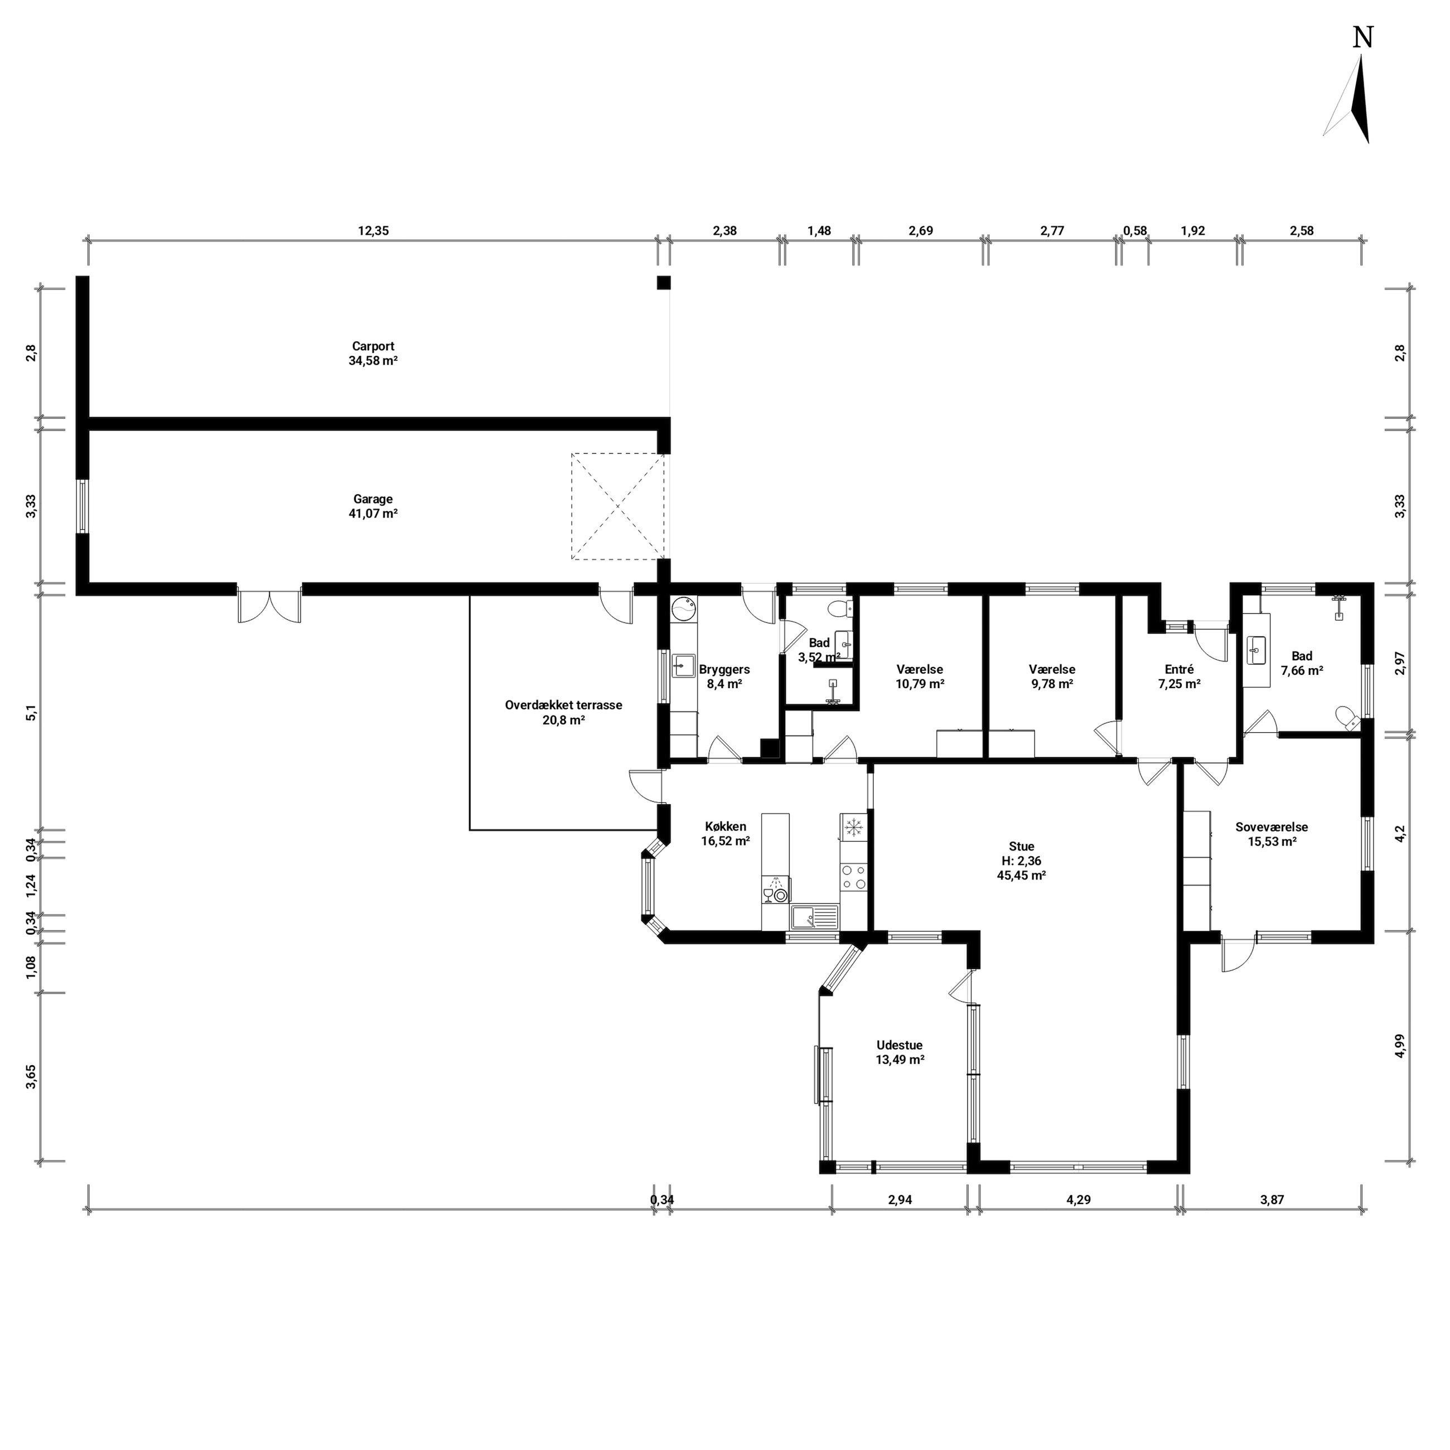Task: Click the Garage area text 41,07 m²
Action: (373, 514)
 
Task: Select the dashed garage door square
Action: (618, 506)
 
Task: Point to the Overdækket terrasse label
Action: (564, 705)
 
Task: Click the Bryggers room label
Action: (724, 669)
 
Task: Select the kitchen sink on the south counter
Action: (814, 917)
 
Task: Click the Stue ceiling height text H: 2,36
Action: (1022, 861)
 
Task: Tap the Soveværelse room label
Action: (1272, 827)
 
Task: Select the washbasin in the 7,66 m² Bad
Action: (1255, 650)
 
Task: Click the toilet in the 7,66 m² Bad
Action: (1347, 717)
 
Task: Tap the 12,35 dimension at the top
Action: (373, 231)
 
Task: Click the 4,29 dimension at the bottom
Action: (1078, 1200)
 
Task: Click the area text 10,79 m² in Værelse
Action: (920, 684)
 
